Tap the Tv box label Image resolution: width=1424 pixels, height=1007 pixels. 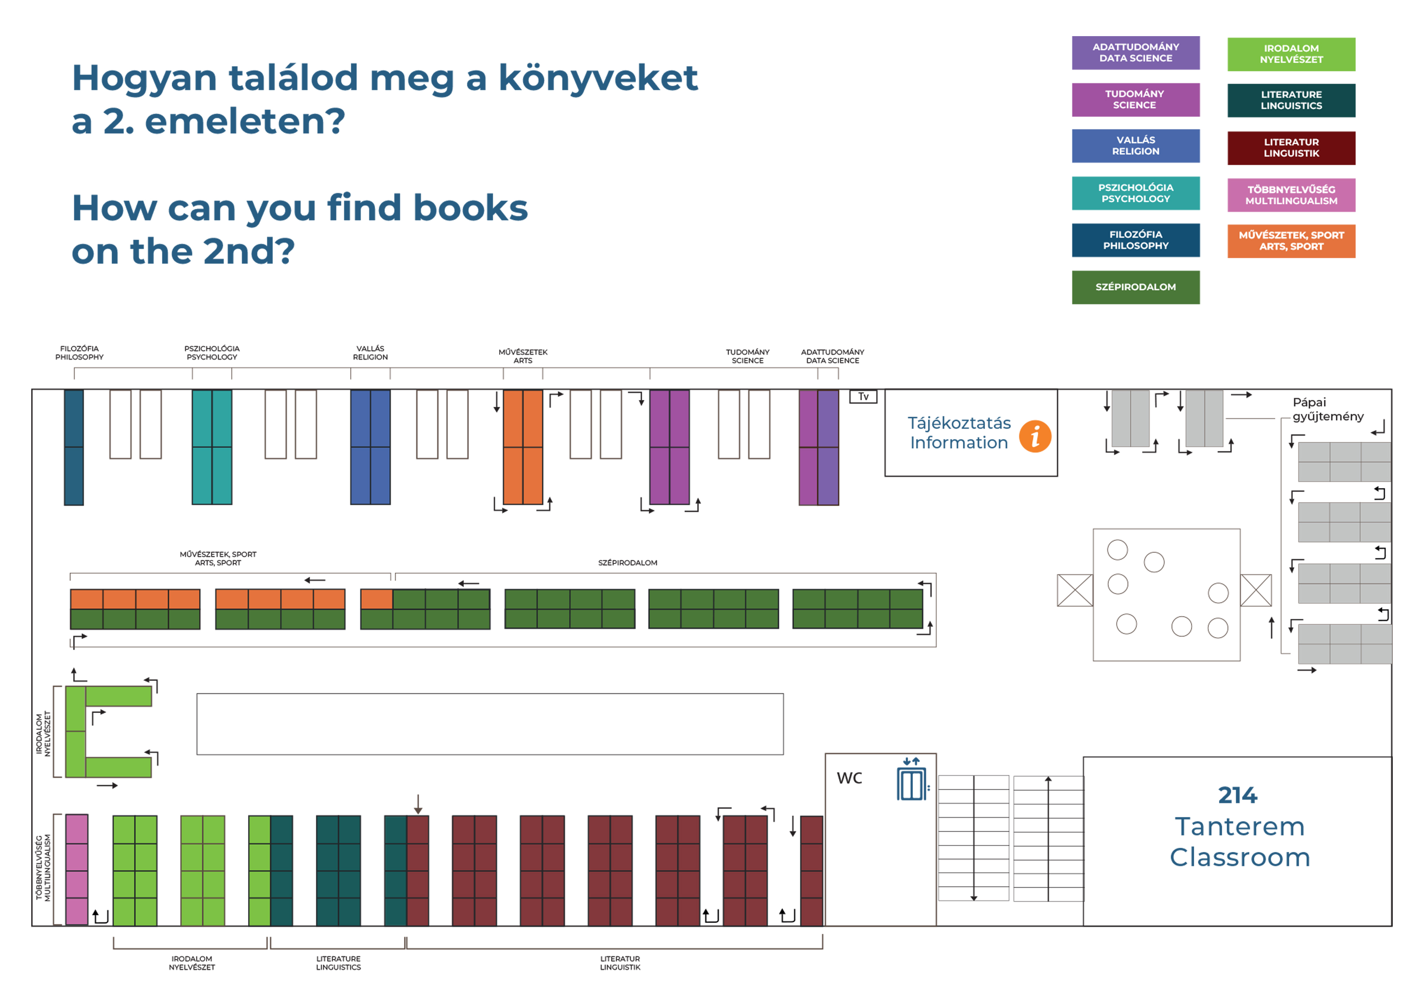point(863,396)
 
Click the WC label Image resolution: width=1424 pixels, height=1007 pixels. point(849,778)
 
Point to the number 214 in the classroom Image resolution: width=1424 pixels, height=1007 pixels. point(1237,795)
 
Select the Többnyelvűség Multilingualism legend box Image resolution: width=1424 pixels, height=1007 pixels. point(1291,195)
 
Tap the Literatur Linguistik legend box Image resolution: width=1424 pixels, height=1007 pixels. point(1291,148)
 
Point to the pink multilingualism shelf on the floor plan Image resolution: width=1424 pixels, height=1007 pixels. point(77,869)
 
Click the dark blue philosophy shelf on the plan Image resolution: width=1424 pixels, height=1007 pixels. point(74,447)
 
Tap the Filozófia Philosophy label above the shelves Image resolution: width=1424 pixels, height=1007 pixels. point(80,353)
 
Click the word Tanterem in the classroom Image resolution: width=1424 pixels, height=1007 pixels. point(1239,826)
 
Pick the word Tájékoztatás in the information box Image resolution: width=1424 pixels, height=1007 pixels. point(959,423)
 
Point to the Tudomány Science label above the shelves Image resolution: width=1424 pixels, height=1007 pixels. point(747,356)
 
